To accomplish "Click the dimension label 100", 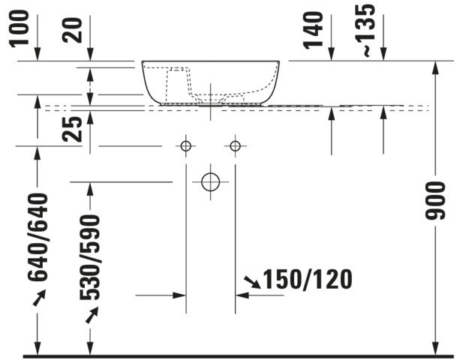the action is [x=20, y=28].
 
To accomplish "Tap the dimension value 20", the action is [x=72, y=31].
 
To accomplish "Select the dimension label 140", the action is [x=314, y=30].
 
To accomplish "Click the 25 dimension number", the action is [x=72, y=129].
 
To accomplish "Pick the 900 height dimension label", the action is [x=435, y=200].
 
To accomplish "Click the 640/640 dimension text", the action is [x=38, y=238].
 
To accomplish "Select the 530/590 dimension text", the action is [x=90, y=257].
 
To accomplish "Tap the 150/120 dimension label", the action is [x=308, y=280].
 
